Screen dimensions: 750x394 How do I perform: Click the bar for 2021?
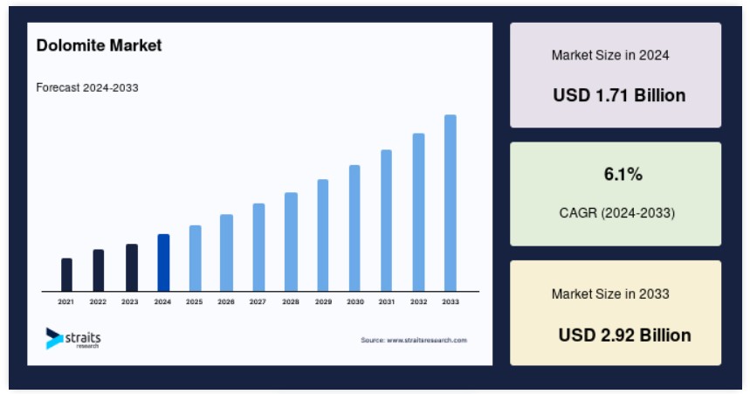[x=66, y=275]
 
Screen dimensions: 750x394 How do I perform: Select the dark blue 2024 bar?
[x=163, y=263]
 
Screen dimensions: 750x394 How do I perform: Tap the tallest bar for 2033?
[x=451, y=203]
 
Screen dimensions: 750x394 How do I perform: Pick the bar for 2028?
[x=291, y=242]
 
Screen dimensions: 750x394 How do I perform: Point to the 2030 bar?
[x=354, y=228]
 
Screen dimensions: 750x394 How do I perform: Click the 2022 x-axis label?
[x=98, y=301]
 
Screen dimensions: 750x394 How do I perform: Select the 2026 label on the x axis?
[x=226, y=301]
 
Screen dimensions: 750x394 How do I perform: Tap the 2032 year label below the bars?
[x=418, y=301]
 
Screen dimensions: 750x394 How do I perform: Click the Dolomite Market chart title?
[x=99, y=45]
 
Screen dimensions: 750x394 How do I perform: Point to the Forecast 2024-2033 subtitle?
[x=87, y=87]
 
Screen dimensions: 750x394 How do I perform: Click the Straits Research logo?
[x=73, y=338]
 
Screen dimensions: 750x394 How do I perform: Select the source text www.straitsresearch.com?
[x=414, y=341]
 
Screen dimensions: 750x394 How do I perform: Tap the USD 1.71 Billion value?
[x=619, y=95]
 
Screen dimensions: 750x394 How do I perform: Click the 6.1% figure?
[x=623, y=174]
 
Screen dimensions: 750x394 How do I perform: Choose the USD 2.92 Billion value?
[x=624, y=335]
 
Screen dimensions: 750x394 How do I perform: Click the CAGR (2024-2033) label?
[x=617, y=212]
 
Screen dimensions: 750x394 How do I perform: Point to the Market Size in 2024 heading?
[x=610, y=55]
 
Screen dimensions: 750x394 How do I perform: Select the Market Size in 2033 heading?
[x=610, y=294]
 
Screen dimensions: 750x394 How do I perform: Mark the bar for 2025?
[x=196, y=259]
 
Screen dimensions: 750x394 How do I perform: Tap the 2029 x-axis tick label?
[x=323, y=301]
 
